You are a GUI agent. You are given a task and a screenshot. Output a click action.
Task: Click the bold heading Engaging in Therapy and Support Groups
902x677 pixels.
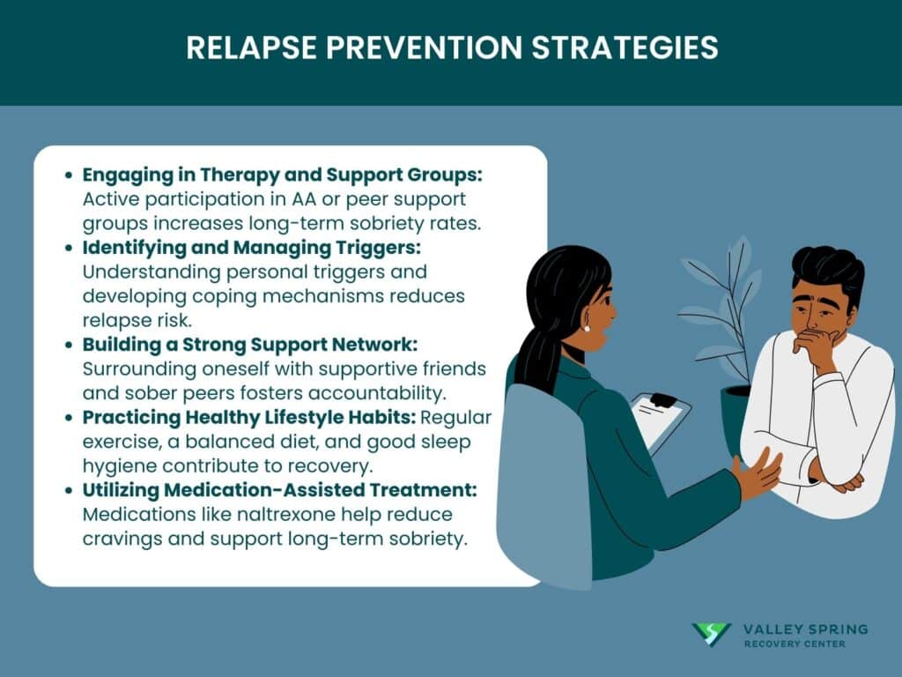(x=282, y=175)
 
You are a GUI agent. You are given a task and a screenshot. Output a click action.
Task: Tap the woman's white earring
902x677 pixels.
(x=586, y=328)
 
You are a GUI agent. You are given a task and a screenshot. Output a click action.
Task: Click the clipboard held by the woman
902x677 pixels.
(x=661, y=420)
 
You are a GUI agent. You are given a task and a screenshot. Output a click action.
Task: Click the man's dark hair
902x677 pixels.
(x=827, y=271)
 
